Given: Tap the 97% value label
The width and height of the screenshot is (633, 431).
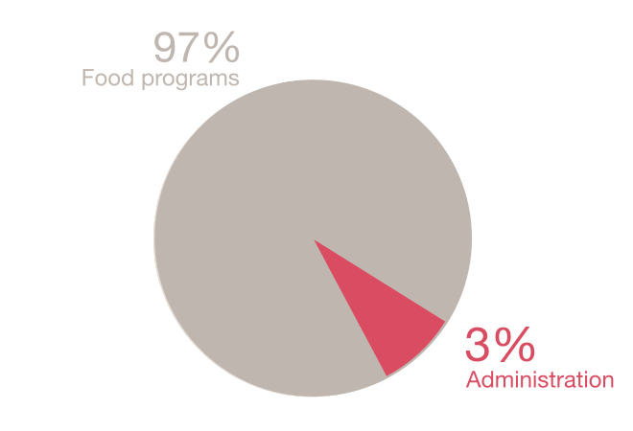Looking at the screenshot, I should [x=197, y=48].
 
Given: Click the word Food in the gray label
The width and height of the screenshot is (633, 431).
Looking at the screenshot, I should [x=104, y=78].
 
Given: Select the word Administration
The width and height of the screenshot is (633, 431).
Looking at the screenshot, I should [x=539, y=380].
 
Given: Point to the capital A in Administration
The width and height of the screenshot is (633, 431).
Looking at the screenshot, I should [x=473, y=380].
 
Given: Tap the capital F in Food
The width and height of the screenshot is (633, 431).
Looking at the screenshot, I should [x=87, y=78].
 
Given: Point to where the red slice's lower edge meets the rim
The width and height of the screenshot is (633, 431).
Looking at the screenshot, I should [x=386, y=376].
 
